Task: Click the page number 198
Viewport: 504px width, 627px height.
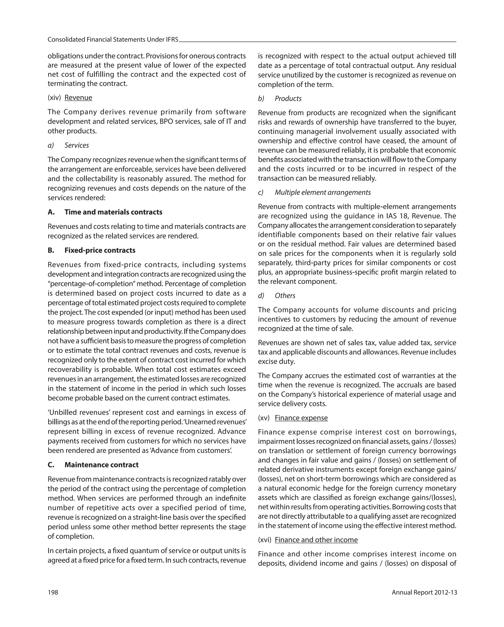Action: point(53,592)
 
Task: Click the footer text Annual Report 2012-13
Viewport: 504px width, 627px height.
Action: point(424,592)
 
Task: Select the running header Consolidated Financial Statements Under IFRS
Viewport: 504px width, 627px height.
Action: point(113,40)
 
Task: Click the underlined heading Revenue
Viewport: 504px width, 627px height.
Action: point(78,98)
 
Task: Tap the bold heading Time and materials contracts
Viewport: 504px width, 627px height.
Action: point(113,212)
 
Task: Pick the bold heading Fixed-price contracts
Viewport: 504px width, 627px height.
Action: point(100,250)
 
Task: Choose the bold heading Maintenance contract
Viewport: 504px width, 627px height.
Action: point(101,465)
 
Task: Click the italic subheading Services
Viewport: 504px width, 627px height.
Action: point(77,145)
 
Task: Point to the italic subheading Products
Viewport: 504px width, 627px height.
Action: point(288,99)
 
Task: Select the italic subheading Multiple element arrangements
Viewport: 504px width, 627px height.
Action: point(323,193)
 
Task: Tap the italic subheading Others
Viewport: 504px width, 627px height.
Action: point(285,296)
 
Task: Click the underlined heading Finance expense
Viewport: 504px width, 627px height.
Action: point(301,418)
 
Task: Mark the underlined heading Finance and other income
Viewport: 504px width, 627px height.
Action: point(316,540)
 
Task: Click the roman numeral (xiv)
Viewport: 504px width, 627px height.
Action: point(54,98)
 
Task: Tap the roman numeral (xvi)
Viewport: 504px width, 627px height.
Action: point(265,540)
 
